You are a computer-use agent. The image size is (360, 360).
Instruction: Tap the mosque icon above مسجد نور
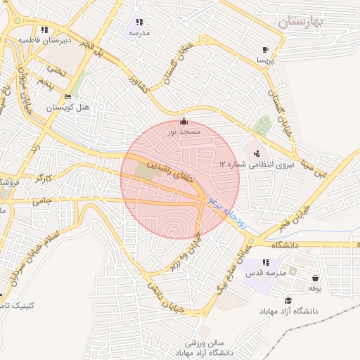tap(184, 121)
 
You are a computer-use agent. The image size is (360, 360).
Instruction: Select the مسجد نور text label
tap(184, 131)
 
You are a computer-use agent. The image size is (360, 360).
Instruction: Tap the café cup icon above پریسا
tap(265, 50)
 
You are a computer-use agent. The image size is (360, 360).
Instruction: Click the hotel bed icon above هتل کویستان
tap(67, 97)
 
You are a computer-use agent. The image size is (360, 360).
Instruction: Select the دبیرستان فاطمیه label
tap(45, 40)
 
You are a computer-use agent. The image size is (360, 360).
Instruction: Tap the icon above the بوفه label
tap(314, 278)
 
